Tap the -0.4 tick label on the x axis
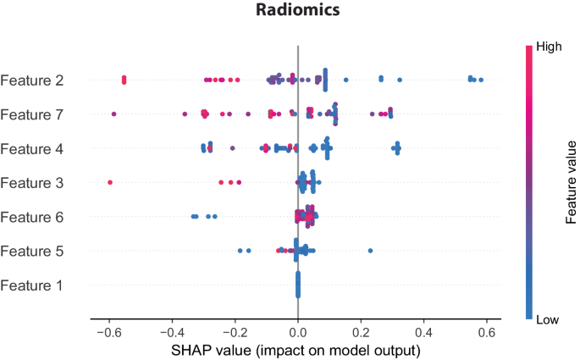(170, 331)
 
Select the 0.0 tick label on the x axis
(297, 331)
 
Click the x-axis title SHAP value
(296, 349)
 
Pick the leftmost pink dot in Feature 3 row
(109, 181)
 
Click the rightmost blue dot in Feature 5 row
(370, 251)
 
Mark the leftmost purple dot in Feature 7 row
(113, 114)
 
